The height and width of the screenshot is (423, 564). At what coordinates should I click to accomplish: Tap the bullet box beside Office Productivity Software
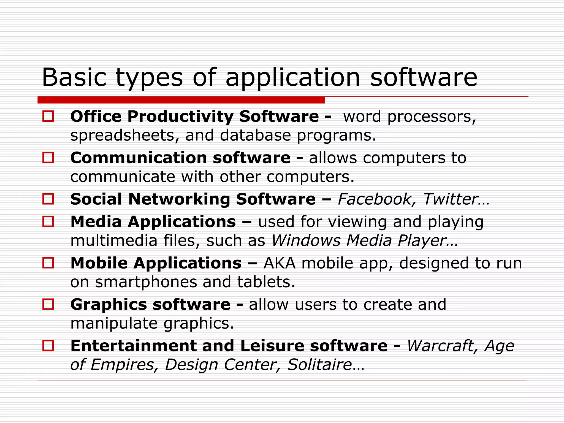click(48, 116)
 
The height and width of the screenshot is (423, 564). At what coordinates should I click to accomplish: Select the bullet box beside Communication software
click(48, 157)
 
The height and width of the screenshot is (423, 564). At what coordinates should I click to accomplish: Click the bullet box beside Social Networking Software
click(48, 199)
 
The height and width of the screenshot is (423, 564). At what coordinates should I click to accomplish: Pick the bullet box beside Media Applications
click(48, 221)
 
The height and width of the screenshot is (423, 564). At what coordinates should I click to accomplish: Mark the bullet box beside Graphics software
click(48, 304)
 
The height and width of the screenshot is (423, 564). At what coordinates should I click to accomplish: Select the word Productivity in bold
click(180, 117)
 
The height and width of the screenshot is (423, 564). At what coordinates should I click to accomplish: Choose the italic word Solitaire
click(319, 365)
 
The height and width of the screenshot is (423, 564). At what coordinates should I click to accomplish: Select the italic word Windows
click(306, 241)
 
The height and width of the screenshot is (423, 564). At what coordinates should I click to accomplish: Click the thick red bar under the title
click(181, 100)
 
